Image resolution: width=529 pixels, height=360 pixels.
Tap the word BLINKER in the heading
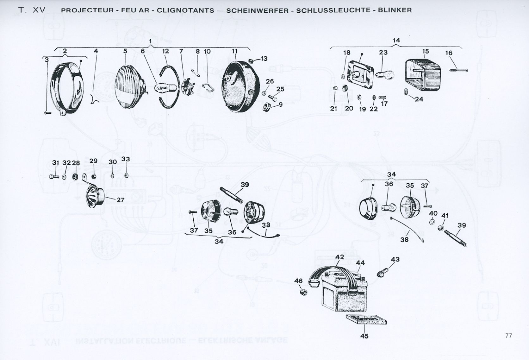[x=397, y=10]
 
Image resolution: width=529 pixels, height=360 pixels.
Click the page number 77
[x=509, y=336]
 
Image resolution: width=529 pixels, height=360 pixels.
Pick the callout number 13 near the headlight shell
[x=264, y=59]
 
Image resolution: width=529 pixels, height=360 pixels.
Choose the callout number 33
[x=126, y=159]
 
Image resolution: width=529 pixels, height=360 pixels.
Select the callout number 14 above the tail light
[x=396, y=41]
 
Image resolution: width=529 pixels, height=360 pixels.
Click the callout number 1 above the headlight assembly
[x=151, y=41]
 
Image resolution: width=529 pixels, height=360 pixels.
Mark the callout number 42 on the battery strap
[x=339, y=257]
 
